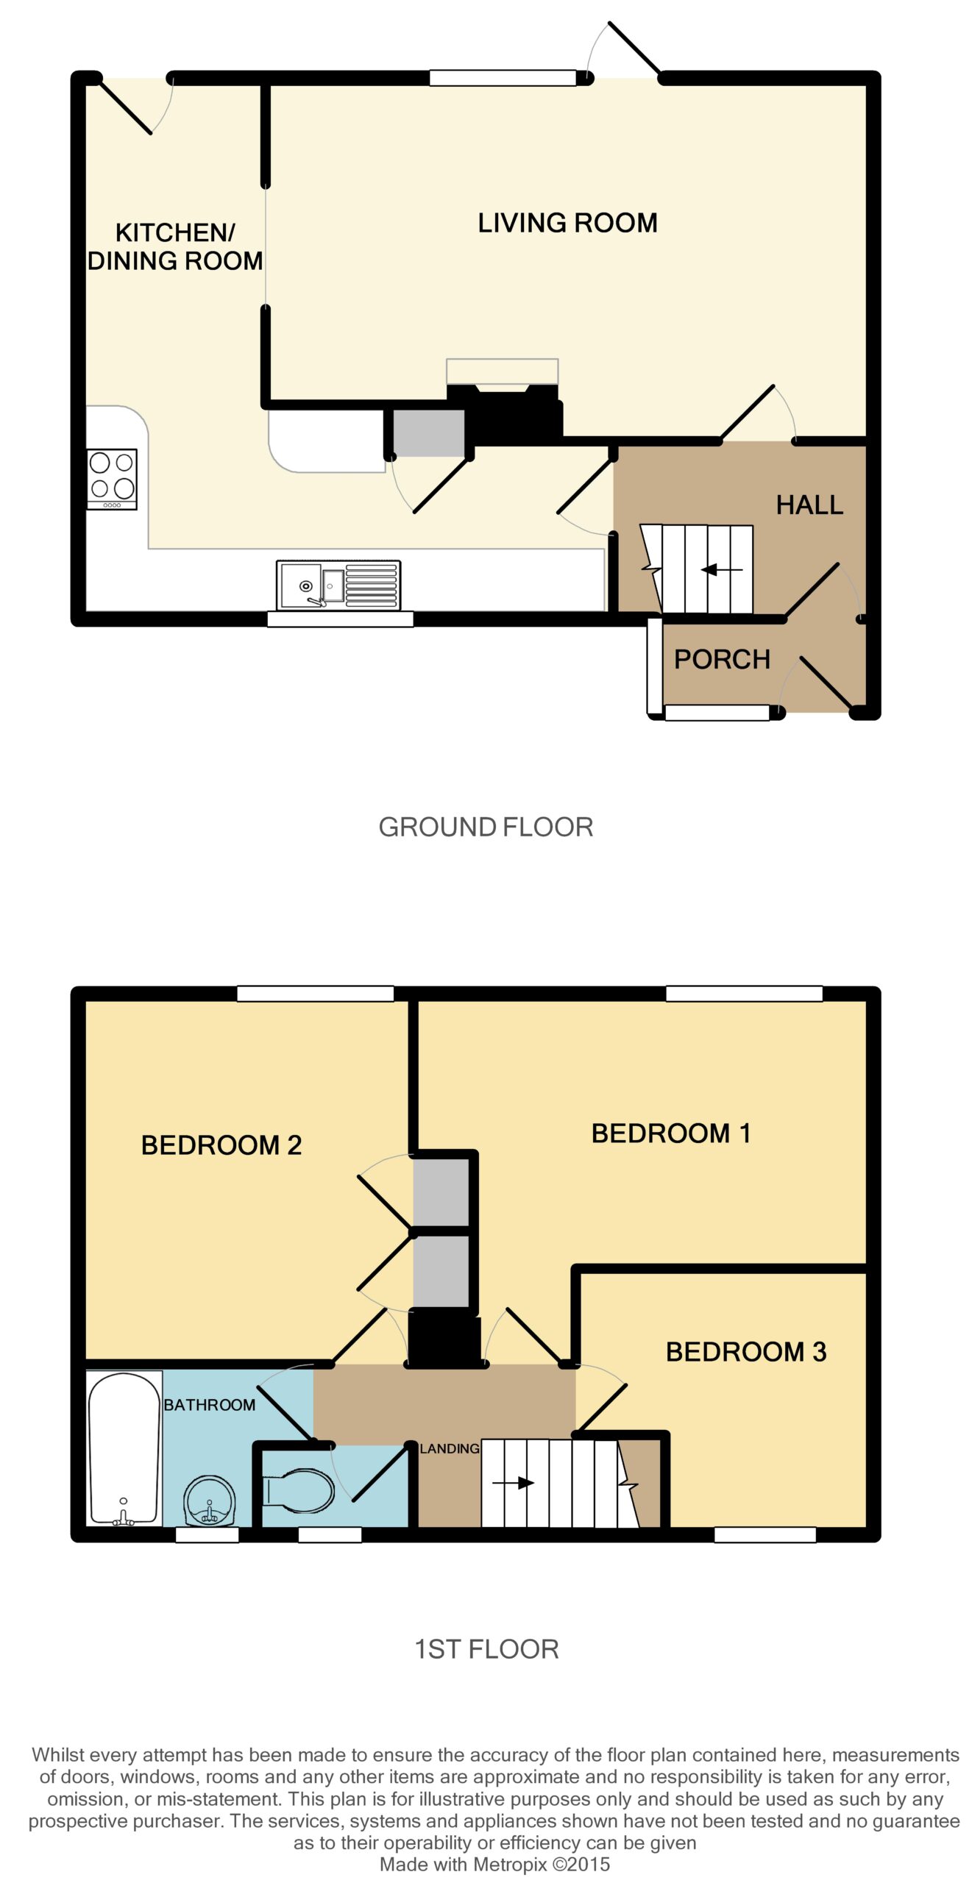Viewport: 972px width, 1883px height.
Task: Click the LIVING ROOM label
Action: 567,222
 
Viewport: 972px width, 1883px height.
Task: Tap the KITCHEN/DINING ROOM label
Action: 175,246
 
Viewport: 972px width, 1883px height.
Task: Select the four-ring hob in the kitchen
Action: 112,479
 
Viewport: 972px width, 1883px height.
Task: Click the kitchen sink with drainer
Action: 338,585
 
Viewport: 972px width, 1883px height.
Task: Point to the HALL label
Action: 809,505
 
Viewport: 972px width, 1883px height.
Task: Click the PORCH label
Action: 722,659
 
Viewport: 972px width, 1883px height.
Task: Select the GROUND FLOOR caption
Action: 486,827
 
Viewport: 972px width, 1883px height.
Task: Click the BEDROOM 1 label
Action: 671,1133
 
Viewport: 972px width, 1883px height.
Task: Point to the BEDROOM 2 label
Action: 221,1145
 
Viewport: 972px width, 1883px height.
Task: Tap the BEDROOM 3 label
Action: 746,1352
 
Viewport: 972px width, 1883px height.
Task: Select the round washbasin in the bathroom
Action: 210,1501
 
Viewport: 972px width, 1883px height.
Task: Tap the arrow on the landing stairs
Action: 514,1483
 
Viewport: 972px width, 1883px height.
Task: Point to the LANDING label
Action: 450,1449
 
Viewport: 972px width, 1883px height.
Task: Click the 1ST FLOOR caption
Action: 486,1649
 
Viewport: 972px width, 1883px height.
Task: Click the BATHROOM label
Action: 210,1405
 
